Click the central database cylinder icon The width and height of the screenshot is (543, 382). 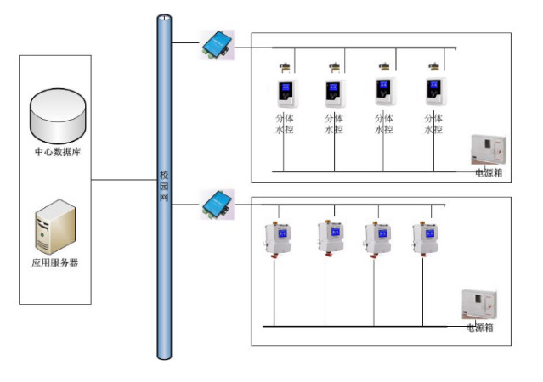tap(58, 116)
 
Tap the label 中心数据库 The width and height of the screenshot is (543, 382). tap(58, 152)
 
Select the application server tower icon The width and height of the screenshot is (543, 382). tap(55, 227)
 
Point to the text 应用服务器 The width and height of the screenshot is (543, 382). tap(55, 262)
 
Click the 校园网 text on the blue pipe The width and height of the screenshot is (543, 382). tap(164, 186)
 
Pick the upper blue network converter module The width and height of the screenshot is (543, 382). tap(217, 45)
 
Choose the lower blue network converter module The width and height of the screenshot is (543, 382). tap(217, 204)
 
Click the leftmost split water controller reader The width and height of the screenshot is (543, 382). tap(287, 93)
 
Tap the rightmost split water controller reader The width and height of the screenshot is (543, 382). tap(436, 92)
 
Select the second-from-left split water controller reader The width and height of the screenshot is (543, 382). tap(335, 93)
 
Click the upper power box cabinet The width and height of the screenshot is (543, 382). tap(489, 149)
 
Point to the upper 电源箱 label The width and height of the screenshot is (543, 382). tap(489, 172)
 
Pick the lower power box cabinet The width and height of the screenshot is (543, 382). tap(479, 304)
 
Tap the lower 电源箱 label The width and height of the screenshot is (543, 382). tap(479, 328)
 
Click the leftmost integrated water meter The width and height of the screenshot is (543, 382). tap(277, 239)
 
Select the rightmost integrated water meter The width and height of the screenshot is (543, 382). tap(425, 239)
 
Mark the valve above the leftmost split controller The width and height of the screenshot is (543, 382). tap(285, 67)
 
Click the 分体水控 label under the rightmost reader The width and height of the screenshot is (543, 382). tap(433, 124)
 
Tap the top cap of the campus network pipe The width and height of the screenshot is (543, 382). tap(164, 17)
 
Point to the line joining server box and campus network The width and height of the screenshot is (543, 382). tap(124, 180)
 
